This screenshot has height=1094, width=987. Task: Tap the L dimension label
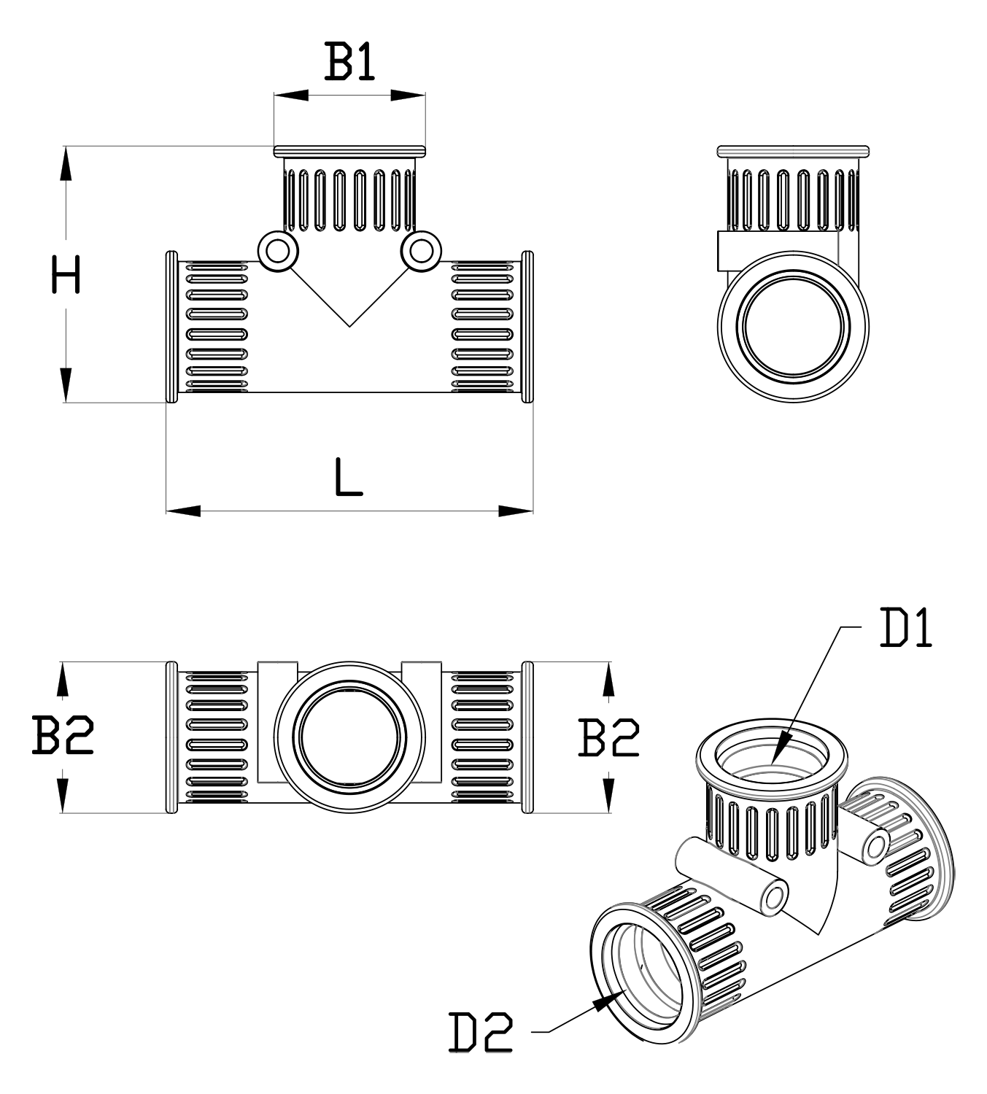348,478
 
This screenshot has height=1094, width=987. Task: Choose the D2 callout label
481,1031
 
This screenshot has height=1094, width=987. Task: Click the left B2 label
63,736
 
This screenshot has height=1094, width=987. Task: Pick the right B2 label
608,737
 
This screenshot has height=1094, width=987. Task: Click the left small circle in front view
277,251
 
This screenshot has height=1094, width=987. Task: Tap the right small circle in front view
420,251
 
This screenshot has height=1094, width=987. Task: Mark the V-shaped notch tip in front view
349,325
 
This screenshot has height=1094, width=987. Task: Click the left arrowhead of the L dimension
182,511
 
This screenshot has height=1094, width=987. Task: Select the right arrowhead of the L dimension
516,511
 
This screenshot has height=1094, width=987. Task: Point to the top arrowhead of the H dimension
66,162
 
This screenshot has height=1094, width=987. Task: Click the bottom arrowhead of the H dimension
66,385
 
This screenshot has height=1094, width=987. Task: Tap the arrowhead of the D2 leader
603,1002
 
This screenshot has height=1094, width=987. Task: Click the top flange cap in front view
349,151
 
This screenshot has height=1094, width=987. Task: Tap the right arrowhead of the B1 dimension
409,95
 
